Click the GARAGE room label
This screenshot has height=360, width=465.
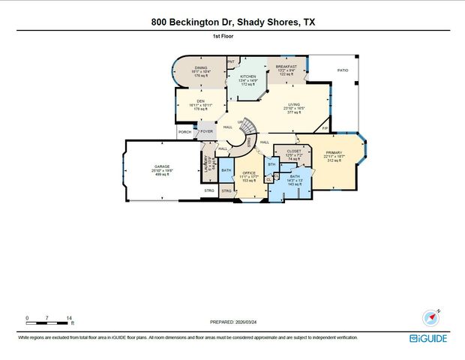click(x=161, y=166)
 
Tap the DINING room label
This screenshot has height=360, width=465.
click(x=200, y=67)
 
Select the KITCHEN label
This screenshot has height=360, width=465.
click(x=247, y=76)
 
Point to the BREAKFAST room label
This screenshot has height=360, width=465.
click(x=286, y=67)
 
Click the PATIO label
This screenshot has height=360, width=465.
click(x=343, y=70)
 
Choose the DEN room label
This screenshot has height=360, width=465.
click(x=200, y=100)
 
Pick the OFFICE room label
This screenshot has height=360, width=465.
click(x=249, y=173)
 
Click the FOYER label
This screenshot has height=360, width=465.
click(x=207, y=132)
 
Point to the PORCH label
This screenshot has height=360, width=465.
click(x=184, y=132)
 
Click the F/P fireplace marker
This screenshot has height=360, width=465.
click(x=324, y=128)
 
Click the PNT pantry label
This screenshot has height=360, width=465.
click(x=231, y=61)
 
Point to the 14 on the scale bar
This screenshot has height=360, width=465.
click(x=69, y=318)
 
